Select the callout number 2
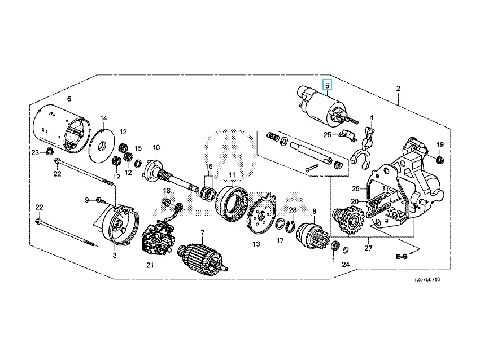(x=398, y=89)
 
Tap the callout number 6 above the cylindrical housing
(x=69, y=99)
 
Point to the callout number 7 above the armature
(x=202, y=232)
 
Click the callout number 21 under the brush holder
(x=150, y=265)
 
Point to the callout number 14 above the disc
(x=103, y=118)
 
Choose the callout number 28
(x=293, y=210)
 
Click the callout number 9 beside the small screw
(x=88, y=200)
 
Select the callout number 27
(x=368, y=248)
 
